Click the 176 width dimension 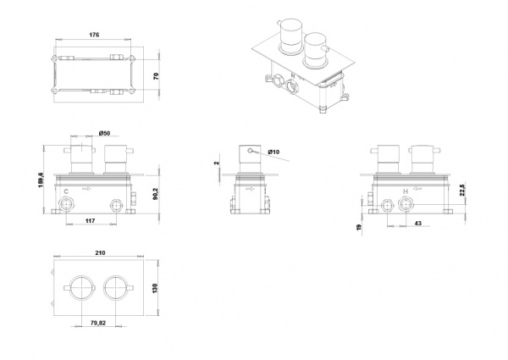(x=94, y=35)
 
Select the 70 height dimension (x=156, y=76)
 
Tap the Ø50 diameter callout (x=105, y=133)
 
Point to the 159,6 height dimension (x=41, y=180)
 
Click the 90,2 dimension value (x=156, y=193)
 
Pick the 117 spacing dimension (x=91, y=221)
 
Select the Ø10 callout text (x=273, y=152)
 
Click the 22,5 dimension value (x=462, y=191)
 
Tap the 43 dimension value (x=418, y=224)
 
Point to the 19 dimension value (x=359, y=228)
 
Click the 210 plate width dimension (x=101, y=252)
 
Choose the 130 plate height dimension (x=155, y=288)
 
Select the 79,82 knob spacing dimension (x=98, y=323)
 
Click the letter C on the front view (x=66, y=191)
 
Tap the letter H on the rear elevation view (x=406, y=191)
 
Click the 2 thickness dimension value (x=217, y=163)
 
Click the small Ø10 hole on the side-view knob (x=250, y=150)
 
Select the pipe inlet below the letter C (x=66, y=205)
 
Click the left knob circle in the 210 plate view (x=82, y=287)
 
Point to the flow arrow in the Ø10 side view (x=250, y=189)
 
